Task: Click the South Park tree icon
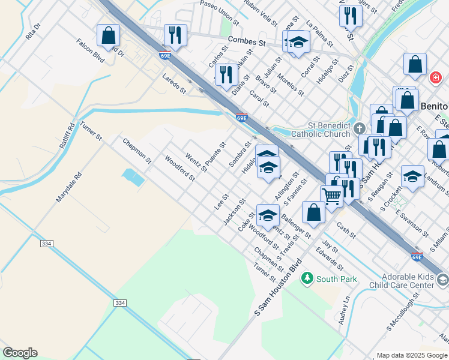click(307, 278)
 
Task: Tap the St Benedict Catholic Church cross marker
click(359, 128)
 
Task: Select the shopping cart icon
click(331, 195)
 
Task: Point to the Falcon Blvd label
click(91, 51)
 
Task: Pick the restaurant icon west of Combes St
click(175, 35)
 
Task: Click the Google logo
click(20, 353)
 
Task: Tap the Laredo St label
click(174, 83)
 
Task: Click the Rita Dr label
click(32, 31)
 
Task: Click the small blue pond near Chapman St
click(132, 177)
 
